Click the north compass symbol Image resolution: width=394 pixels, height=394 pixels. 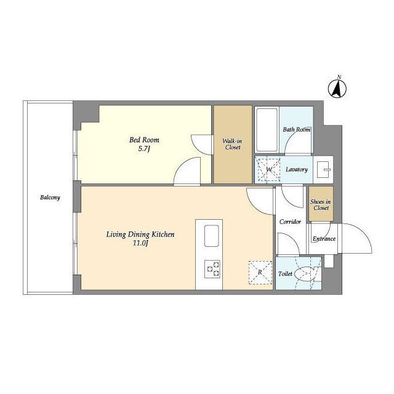(337, 89)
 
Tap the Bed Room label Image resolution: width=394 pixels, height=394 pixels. (144, 140)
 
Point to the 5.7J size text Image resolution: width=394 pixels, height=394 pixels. (144, 149)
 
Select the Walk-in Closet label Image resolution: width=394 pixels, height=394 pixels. (233, 144)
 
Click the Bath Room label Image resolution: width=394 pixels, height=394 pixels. (297, 130)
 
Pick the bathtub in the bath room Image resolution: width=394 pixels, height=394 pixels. (267, 130)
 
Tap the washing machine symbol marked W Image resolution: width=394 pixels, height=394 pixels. (269, 170)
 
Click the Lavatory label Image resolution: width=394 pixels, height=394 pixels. (297, 169)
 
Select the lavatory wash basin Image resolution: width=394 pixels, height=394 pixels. (324, 170)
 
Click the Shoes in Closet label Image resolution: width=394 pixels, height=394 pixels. (321, 205)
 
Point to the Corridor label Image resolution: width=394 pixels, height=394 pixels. (290, 222)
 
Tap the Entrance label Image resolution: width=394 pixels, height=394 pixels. (324, 238)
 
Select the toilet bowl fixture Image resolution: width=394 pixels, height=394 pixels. (305, 273)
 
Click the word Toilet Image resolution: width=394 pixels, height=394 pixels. (285, 273)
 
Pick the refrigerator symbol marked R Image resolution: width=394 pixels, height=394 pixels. (260, 273)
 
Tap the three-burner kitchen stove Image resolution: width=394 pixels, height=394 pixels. (212, 269)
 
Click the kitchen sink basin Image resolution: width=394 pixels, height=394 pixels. (212, 236)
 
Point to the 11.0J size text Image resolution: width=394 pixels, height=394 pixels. (140, 243)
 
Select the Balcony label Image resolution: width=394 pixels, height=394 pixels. (50, 198)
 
